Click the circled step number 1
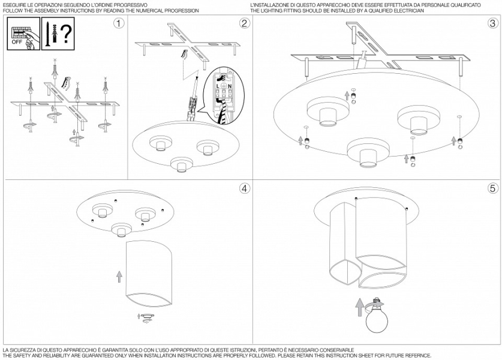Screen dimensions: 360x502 pyautogui.click(x=119, y=23)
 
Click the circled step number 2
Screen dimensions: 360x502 pyautogui.click(x=244, y=23)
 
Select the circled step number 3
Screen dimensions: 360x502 pyautogui.click(x=492, y=23)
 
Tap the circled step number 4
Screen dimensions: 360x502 pyautogui.click(x=244, y=188)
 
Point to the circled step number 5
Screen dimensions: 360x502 pyautogui.click(x=492, y=188)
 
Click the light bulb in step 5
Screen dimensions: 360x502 pyautogui.click(x=378, y=317)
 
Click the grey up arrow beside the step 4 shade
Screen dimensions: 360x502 pyautogui.click(x=119, y=277)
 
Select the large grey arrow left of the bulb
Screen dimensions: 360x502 pyautogui.click(x=359, y=307)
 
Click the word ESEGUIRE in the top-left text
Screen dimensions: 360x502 pyautogui.click(x=14, y=5)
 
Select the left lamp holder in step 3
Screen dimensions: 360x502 pyautogui.click(x=327, y=113)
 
